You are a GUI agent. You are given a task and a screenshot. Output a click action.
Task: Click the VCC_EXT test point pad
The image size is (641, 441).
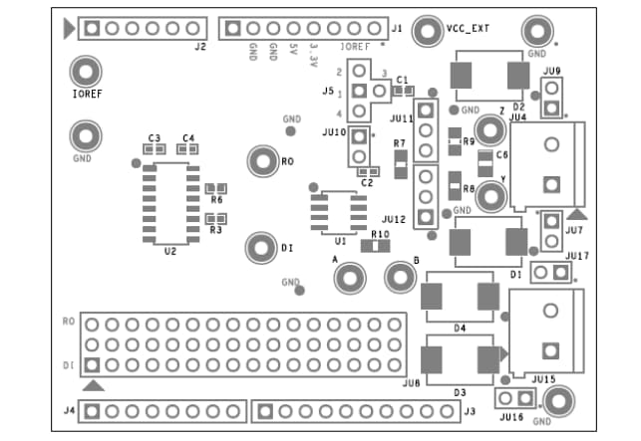coord(428,32)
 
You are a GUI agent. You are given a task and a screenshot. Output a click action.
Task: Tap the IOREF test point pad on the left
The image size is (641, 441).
coord(86,72)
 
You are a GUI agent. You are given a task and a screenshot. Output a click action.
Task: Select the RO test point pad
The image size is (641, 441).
coord(262,160)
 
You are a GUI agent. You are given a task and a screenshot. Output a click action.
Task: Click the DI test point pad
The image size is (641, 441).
coord(262,248)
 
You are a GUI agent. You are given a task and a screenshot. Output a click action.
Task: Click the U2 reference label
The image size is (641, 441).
coord(169,253)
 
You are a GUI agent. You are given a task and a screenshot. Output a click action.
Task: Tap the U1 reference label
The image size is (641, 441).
coord(340,241)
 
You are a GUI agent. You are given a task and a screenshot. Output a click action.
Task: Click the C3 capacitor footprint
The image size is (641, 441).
coord(155,148)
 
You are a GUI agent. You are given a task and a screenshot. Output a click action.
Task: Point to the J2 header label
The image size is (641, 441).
coord(200,47)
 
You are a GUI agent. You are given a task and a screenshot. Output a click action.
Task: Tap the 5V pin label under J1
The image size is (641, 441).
coord(293,49)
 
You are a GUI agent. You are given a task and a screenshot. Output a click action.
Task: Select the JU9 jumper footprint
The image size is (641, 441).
coord(551,99)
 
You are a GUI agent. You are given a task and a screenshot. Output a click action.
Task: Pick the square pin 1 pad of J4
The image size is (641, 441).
coord(91,411)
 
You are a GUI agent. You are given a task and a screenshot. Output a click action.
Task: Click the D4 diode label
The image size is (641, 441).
coord(460,327)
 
